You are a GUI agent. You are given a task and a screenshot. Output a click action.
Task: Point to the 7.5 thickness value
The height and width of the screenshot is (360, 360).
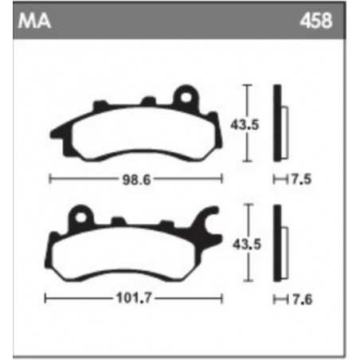[300, 178]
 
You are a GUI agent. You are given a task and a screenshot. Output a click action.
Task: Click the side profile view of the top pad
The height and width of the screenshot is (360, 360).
[277, 123]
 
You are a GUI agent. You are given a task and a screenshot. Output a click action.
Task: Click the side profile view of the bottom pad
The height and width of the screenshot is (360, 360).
[277, 243]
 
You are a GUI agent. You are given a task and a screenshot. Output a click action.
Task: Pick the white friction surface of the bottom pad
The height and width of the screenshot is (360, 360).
[131, 251]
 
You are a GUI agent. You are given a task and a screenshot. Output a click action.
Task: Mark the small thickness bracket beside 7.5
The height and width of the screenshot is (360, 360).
[278, 178]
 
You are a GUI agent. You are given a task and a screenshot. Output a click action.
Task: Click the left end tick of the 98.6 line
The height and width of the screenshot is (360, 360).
[50, 178]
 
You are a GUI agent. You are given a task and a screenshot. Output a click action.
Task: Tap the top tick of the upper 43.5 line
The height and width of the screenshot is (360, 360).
[248, 84]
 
